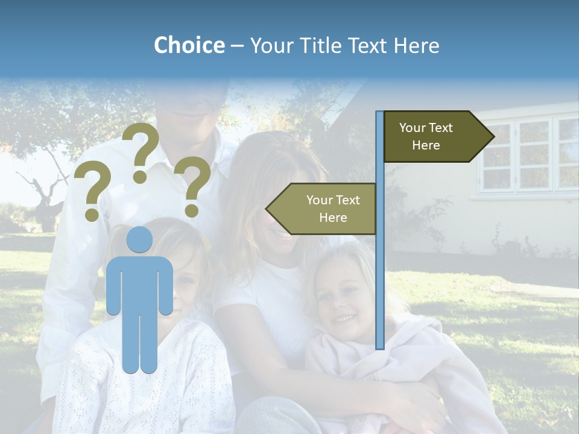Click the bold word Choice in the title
[189, 45]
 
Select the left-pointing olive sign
[326, 209]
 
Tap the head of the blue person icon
[140, 239]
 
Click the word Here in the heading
[416, 45]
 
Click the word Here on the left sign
[333, 218]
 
